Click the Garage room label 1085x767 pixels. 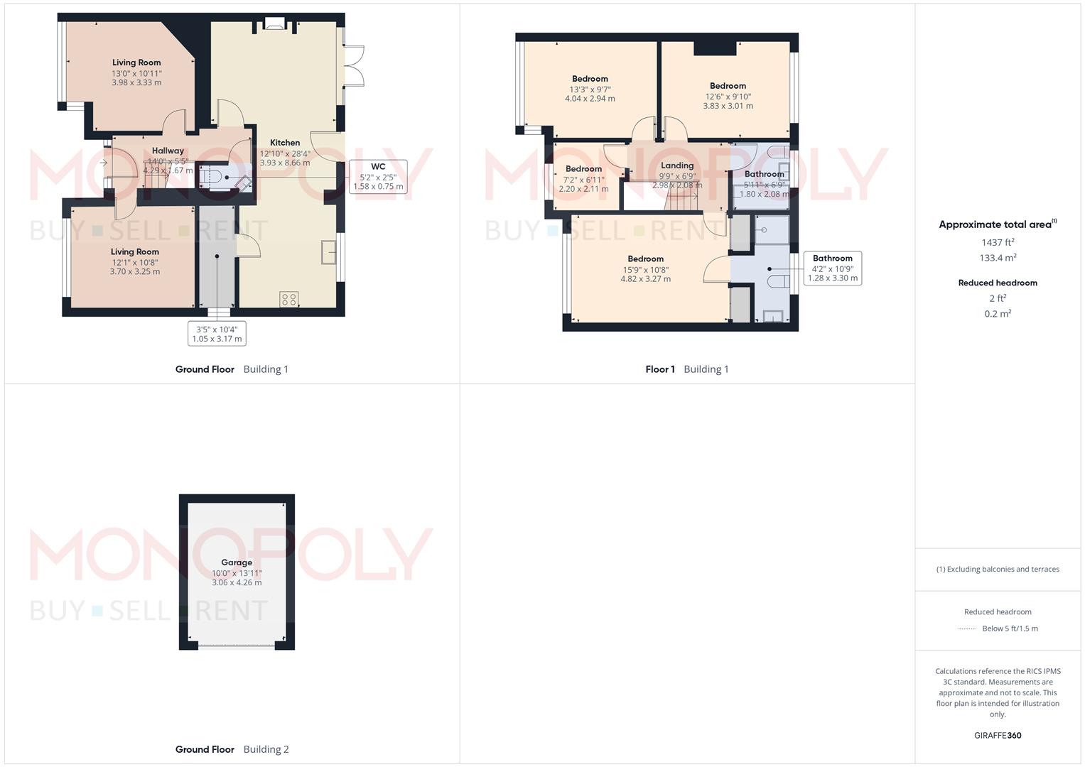[x=237, y=562]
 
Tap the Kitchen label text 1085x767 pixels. [x=285, y=143]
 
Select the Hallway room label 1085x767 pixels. [x=168, y=151]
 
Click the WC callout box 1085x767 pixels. [x=378, y=177]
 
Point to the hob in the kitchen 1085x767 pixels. [x=288, y=300]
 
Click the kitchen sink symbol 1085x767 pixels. [x=328, y=252]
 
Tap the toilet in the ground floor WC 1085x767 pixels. [x=210, y=177]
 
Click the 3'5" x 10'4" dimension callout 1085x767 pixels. [x=217, y=333]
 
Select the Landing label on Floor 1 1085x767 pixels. [x=676, y=165]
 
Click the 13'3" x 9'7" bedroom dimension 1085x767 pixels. [x=590, y=89]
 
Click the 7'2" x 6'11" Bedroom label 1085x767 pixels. [x=583, y=169]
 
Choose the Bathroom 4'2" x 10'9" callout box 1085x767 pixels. [x=832, y=268]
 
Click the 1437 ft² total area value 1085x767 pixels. [x=998, y=242]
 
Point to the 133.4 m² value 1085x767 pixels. [x=998, y=258]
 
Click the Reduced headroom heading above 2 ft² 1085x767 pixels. [x=998, y=283]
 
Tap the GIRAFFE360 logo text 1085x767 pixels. [x=998, y=736]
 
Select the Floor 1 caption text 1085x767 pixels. [x=660, y=369]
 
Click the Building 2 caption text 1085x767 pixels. [x=266, y=749]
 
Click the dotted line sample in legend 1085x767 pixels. [x=967, y=629]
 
